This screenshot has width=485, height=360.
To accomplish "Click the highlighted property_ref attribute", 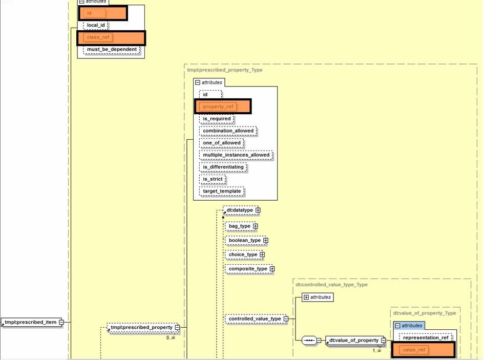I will [x=218, y=107].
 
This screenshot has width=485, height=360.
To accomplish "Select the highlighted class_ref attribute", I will [x=98, y=37].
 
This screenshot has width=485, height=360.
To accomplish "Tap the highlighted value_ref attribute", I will [x=414, y=350].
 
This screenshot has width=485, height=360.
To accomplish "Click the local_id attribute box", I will [x=96, y=25].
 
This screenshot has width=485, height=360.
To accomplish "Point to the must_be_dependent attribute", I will [x=112, y=50].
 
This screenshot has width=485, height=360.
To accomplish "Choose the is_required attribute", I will [x=217, y=119].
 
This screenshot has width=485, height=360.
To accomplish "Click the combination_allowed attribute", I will [x=228, y=131].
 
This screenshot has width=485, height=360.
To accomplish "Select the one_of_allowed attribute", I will [x=221, y=143].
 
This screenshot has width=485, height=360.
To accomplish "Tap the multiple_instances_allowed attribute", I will [x=236, y=155].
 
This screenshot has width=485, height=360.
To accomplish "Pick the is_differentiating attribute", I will [x=223, y=167].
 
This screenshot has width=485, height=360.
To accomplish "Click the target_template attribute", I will [x=222, y=191].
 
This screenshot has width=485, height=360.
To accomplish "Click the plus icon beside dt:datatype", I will [x=258, y=210].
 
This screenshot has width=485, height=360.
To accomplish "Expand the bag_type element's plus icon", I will [x=256, y=226].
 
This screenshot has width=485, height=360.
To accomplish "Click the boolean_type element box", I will [x=244, y=240].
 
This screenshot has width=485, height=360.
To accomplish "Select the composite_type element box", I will [x=247, y=269].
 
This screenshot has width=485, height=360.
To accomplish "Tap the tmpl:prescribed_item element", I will [x=30, y=322].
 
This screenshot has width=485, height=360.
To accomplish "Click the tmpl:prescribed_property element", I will [x=141, y=327].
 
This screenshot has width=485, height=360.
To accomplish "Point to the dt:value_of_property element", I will [x=353, y=340].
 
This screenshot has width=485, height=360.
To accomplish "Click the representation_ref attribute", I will [x=426, y=337].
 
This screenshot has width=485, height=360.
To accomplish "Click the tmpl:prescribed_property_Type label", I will [x=225, y=70].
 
